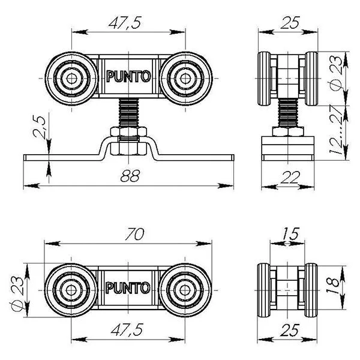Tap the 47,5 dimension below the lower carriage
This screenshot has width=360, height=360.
[127, 329]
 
